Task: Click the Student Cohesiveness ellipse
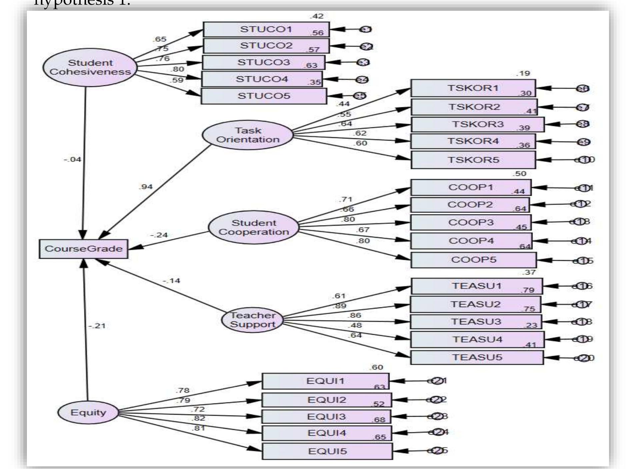tap(90, 67)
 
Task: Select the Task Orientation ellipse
tap(248, 135)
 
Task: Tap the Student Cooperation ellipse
tap(254, 228)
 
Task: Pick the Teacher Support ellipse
tap(253, 320)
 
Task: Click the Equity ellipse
tap(88, 412)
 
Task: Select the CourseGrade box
tap(83, 249)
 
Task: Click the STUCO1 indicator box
tap(266, 29)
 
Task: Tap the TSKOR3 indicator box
tap(477, 124)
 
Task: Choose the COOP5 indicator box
tap(473, 260)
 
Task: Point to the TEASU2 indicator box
tap(475, 304)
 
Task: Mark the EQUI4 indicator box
tap(327, 433)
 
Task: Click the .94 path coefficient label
tap(146, 187)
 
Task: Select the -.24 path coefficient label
tap(159, 235)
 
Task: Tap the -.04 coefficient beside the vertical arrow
tap(72, 160)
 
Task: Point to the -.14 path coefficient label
tap(171, 281)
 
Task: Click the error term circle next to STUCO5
tap(360, 96)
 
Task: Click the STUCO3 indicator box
tap(263, 63)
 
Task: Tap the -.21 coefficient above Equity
tap(97, 326)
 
